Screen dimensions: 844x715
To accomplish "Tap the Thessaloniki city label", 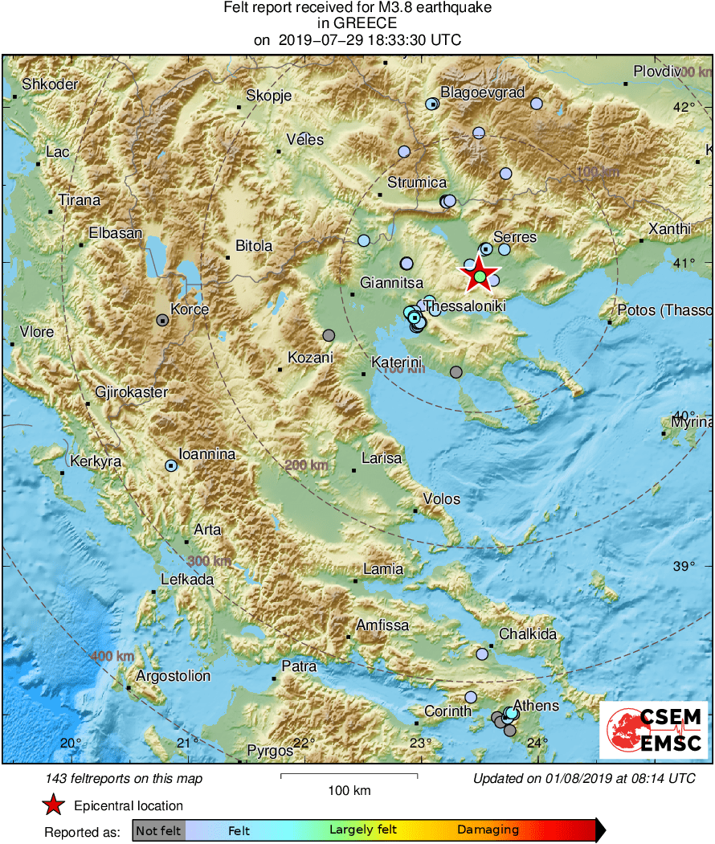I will (464, 305).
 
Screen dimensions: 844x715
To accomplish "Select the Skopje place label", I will (268, 96).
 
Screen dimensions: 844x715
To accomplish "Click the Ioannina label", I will (206, 454).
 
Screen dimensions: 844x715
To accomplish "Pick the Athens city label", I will (536, 706).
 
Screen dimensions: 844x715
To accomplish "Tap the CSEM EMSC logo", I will (654, 729).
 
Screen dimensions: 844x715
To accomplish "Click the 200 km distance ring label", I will (306, 465).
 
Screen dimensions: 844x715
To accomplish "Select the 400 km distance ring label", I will (112, 657).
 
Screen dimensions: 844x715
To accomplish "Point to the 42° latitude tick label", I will (684, 108).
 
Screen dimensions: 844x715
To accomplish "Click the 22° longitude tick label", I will (303, 743).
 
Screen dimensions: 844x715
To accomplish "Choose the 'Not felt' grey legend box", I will (158, 830).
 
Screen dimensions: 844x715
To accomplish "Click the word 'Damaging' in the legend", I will (488, 830).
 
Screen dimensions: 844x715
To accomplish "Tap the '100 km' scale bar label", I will (349, 791).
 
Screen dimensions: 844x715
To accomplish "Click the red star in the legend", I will (53, 805).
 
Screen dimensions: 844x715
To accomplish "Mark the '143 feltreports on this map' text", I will (125, 778).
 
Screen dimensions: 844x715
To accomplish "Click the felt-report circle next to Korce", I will (162, 320).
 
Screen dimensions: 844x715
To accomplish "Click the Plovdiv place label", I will (657, 72).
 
